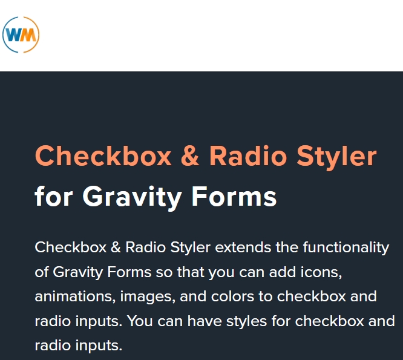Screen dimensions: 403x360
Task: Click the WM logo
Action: click(x=21, y=34)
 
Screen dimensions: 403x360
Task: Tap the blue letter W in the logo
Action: click(x=13, y=34)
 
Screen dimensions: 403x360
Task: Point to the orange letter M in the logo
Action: click(x=28, y=34)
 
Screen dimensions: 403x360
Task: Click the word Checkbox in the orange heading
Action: click(x=103, y=155)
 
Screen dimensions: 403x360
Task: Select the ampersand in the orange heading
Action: click(x=190, y=155)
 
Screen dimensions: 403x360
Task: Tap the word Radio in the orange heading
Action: click(x=248, y=155)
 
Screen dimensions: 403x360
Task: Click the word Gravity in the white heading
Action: click(x=132, y=198)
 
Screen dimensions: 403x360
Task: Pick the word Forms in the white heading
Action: click(x=234, y=196)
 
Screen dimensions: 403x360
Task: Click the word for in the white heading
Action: click(x=54, y=196)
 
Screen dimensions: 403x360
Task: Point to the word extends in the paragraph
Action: click(x=243, y=247)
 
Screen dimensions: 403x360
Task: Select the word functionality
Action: click(x=346, y=248)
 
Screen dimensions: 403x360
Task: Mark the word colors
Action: click(x=232, y=296)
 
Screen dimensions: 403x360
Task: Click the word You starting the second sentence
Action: click(x=140, y=321)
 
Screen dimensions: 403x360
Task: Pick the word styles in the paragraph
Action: click(x=246, y=322)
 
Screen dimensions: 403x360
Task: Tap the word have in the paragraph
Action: click(x=205, y=321)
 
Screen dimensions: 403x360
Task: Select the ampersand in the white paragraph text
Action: click(x=116, y=247)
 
